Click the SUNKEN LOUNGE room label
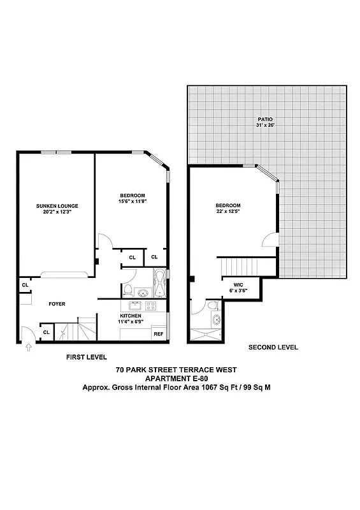[57, 206]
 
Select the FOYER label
[57, 304]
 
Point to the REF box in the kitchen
[158, 333]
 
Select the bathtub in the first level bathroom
[159, 284]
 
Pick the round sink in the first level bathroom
[144, 293]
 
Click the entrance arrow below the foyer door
[28, 347]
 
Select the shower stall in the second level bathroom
[205, 335]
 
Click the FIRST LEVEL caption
[87, 357]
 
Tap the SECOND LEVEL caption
[273, 347]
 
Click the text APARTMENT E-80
[178, 378]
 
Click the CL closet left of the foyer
[25, 285]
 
